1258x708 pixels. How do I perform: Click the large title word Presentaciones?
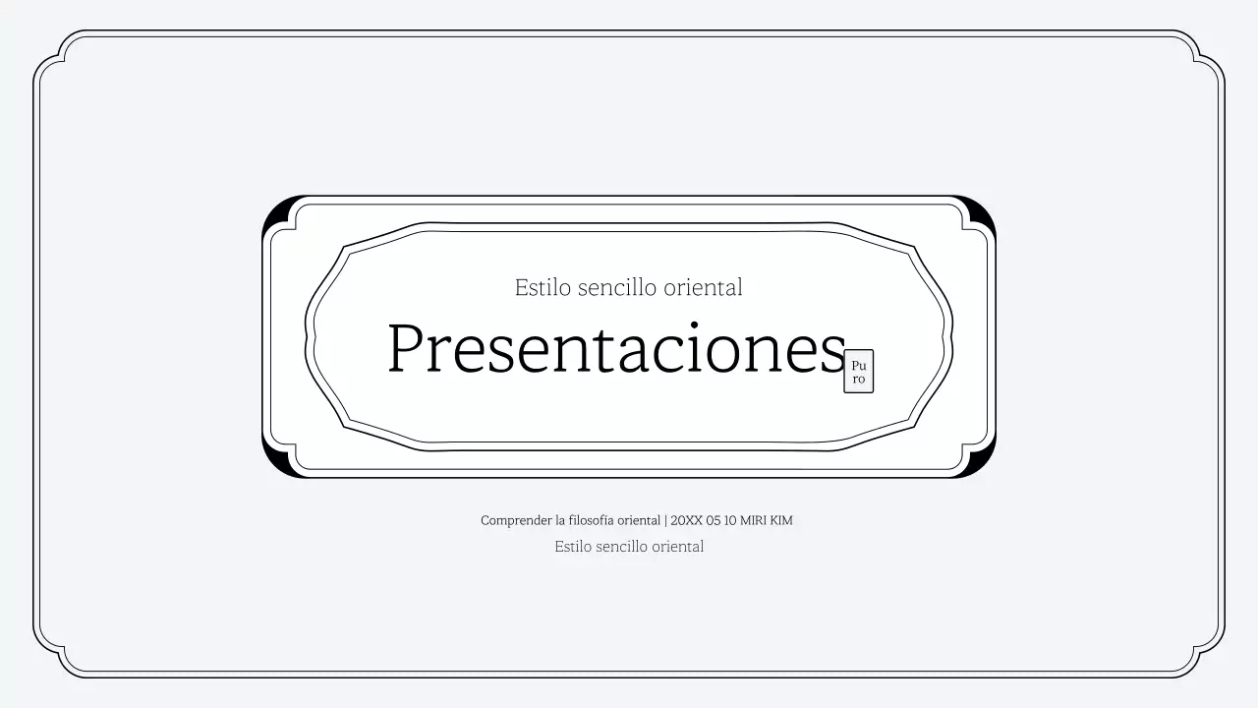click(x=616, y=349)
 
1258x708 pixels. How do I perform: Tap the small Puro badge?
click(x=858, y=372)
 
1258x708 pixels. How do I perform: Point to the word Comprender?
click(x=516, y=520)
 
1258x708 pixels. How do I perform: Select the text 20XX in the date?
click(x=686, y=520)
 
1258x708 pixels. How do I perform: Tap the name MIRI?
click(x=753, y=520)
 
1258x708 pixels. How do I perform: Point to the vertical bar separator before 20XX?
click(x=665, y=520)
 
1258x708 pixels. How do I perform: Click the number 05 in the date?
click(x=714, y=520)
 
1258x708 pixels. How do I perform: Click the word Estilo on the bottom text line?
click(x=573, y=547)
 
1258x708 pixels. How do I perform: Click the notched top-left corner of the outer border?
click(x=51, y=49)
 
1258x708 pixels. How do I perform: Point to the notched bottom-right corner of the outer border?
click(x=1207, y=659)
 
